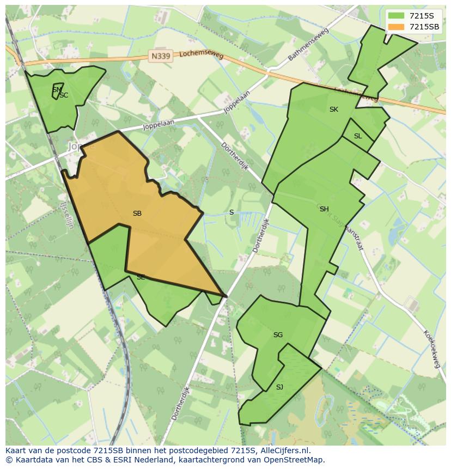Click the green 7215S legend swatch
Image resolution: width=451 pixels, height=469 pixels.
(x=397, y=16)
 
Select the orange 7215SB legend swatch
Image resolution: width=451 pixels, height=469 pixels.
(x=397, y=27)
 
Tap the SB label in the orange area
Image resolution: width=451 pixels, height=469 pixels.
(x=137, y=214)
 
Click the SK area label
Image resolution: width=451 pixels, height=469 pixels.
(x=334, y=109)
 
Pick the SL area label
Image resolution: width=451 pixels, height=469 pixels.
(x=358, y=136)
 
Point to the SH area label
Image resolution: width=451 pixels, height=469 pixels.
(x=324, y=209)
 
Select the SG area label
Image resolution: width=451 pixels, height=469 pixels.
(x=278, y=335)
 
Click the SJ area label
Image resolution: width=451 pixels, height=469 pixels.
(x=279, y=387)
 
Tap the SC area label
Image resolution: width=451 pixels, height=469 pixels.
(x=64, y=95)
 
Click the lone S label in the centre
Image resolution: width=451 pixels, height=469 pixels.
(x=231, y=212)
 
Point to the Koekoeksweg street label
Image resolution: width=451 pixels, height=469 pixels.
(x=431, y=349)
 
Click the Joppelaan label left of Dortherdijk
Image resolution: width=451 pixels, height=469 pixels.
(x=158, y=125)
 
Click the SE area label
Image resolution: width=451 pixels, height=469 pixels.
(x=141, y=277)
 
